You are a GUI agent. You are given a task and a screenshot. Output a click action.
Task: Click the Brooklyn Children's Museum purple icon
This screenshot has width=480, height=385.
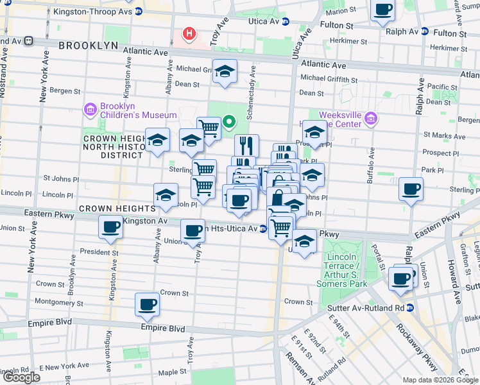pos(90,109)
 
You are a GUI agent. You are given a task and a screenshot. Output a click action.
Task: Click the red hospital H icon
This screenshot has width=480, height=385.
pos(189,33)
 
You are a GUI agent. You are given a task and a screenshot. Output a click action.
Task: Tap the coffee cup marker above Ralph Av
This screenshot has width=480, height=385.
pos(383,10)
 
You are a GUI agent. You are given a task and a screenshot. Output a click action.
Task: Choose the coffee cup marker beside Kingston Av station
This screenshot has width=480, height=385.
pos(111,227)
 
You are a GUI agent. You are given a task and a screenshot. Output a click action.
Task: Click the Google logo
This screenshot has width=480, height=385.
pos(21,377)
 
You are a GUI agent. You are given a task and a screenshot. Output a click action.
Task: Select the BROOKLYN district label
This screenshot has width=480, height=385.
pos(89,46)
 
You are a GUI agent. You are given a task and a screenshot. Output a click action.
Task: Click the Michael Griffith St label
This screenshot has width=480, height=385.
pos(329,80)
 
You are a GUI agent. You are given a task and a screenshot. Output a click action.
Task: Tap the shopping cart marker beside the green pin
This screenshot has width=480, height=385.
pos(209,128)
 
